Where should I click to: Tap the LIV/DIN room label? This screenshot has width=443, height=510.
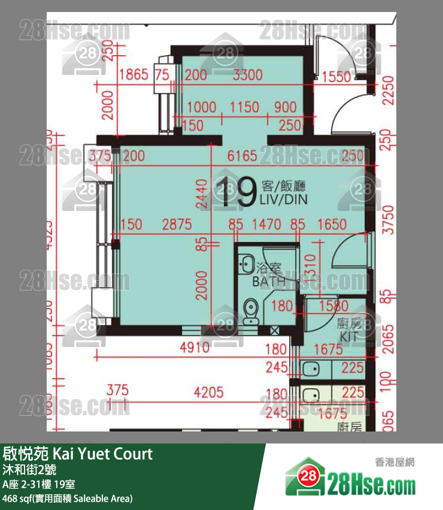point(283,200)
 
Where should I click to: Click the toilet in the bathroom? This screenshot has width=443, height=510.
point(251,310)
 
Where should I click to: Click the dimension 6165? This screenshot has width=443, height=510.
point(242,156)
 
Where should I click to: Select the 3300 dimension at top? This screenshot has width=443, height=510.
point(247,76)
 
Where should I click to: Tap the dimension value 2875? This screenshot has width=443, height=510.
point(177,225)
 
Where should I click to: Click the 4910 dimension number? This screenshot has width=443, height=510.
point(195,348)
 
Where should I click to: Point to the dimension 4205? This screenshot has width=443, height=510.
point(208,393)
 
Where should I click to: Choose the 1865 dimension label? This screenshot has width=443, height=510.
point(133,76)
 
